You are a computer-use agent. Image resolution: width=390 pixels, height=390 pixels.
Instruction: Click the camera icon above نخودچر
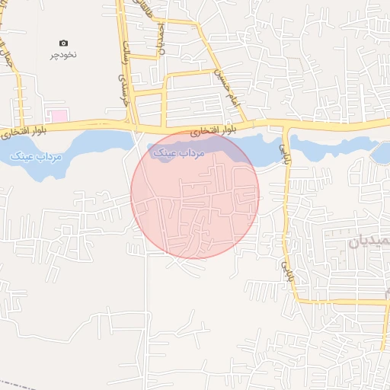[63, 43]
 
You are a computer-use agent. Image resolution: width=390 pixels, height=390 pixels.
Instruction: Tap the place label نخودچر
[64, 55]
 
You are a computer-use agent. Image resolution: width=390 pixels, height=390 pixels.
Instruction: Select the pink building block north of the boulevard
[57, 116]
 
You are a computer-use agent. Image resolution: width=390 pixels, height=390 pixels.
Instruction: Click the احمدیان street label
[161, 38]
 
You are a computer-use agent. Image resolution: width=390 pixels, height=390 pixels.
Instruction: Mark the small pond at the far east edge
[381, 153]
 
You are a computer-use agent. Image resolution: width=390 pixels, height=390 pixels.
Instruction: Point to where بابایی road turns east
[297, 301]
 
